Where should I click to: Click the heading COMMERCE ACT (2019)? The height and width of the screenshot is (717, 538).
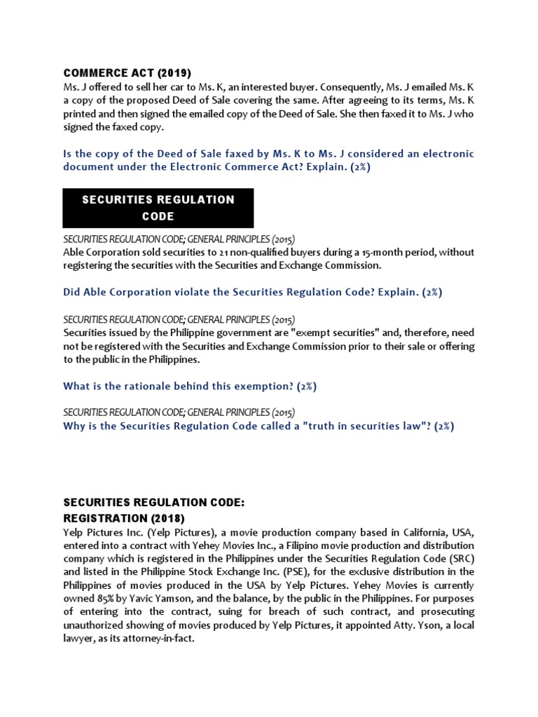(127, 73)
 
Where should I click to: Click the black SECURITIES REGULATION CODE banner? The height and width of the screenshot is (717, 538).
(158, 208)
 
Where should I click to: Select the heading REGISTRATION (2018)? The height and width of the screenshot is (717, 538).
(124, 518)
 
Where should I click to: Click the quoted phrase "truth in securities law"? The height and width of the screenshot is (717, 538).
(358, 426)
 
